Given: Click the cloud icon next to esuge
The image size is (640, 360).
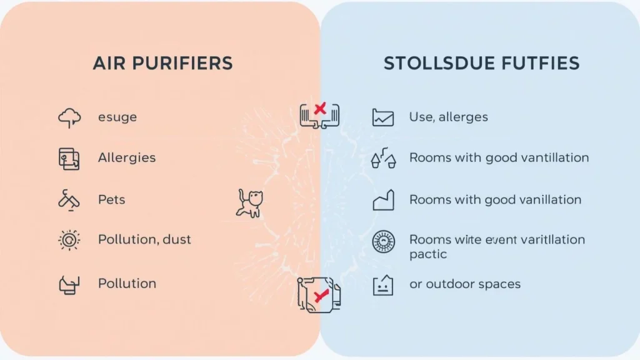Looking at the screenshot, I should click(69, 117).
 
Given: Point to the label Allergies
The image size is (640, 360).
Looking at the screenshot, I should click(127, 157).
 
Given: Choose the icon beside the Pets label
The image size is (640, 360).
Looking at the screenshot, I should click(69, 200).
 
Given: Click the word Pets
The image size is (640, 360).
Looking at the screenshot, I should click(111, 200).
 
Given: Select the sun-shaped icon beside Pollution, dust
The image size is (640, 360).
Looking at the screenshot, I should click(69, 240).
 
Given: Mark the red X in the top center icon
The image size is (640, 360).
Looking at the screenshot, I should click(320, 109).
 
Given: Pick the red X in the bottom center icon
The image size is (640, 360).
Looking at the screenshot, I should click(321, 296).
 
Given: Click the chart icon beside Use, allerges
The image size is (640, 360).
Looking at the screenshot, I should click(383, 117).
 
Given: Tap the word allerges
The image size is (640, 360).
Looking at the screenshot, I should click(463, 117).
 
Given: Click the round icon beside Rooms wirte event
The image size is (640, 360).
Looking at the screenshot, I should click(383, 241).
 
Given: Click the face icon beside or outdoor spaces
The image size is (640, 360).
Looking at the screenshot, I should click(382, 285).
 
